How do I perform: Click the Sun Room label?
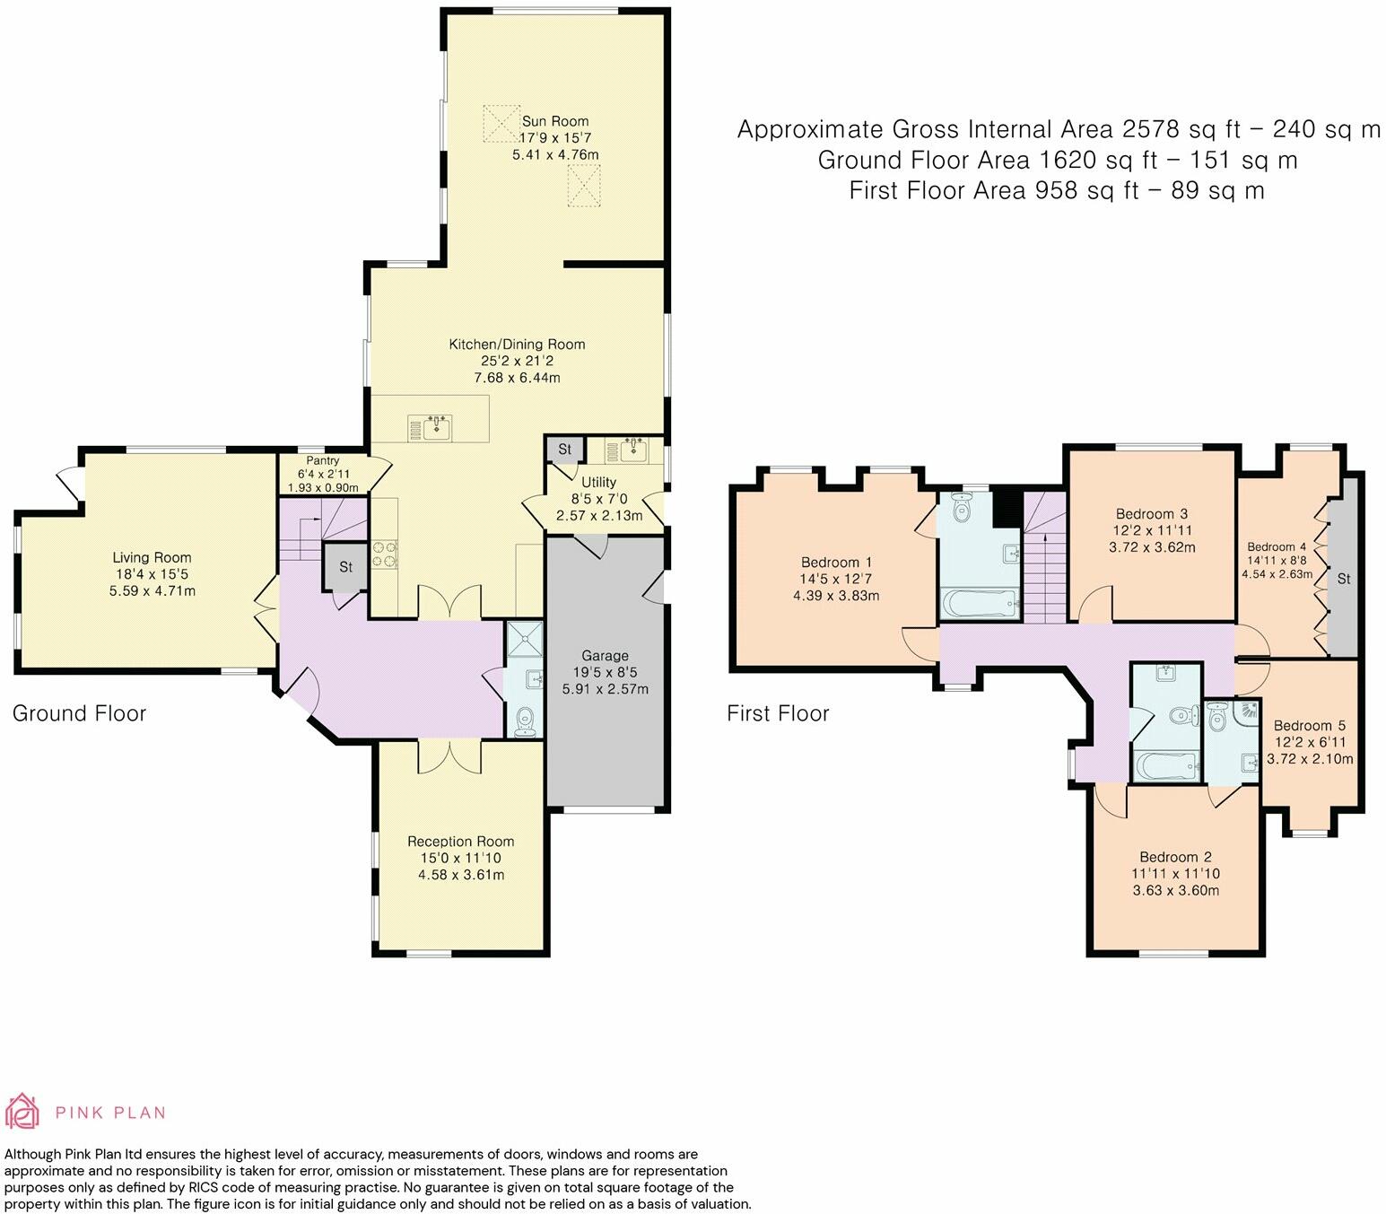coord(554,121)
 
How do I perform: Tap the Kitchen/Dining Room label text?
coord(517,345)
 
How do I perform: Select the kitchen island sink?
coord(431,428)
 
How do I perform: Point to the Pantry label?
coord(322,460)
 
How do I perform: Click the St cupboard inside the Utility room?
coord(564,449)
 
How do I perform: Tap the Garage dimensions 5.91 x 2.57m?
coord(605,689)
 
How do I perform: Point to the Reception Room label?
coord(460,842)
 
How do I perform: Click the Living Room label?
coord(152,558)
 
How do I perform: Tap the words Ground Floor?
coord(79,713)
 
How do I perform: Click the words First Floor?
coord(778,713)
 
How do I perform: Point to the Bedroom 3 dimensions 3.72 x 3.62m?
coord(1152,547)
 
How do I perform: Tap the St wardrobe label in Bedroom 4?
coord(1343,580)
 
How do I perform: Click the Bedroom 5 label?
coord(1309,726)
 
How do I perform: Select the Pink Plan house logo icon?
coord(22,1112)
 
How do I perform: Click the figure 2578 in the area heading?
coord(1153,129)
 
